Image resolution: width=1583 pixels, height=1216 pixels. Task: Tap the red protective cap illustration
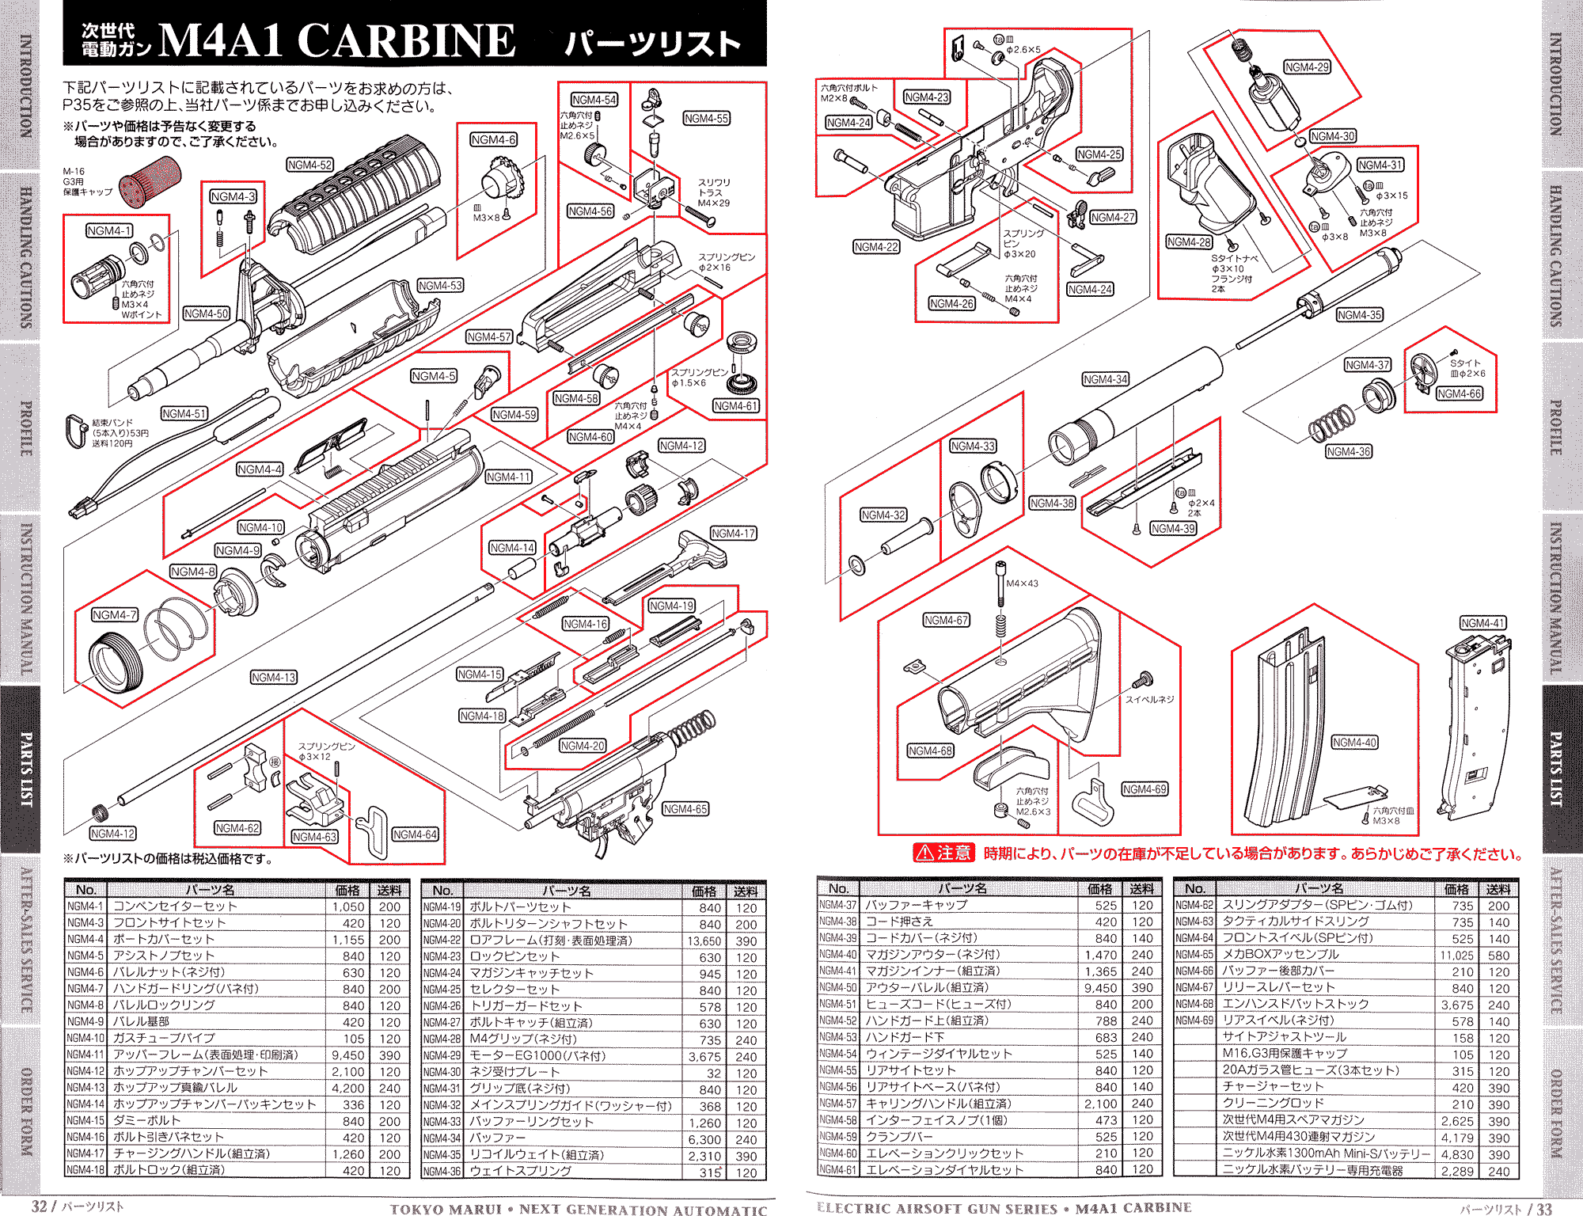[x=151, y=181]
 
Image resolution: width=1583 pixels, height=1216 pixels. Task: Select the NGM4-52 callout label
[x=309, y=165]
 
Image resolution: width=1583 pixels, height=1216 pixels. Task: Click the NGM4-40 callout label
[x=1354, y=742]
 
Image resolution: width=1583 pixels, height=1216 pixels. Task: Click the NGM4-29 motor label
[x=1307, y=67]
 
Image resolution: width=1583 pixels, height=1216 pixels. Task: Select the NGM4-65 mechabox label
[x=685, y=808]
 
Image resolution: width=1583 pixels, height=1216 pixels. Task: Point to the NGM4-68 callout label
[x=930, y=750]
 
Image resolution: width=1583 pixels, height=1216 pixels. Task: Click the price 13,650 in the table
[x=704, y=940]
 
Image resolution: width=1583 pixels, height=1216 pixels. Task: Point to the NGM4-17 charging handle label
[x=733, y=534]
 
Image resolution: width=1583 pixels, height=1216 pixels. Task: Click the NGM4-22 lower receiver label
[x=876, y=247]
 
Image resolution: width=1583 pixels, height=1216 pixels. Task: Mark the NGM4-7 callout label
[x=115, y=614]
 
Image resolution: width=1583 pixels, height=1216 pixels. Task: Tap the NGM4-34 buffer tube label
[x=1105, y=379]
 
